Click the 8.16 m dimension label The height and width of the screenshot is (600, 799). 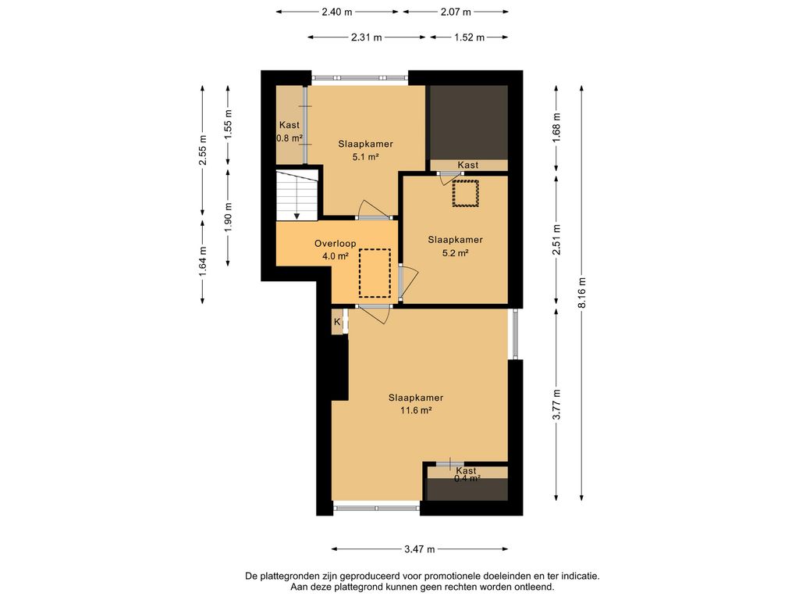click(x=582, y=292)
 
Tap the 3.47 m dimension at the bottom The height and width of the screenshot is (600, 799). click(x=419, y=549)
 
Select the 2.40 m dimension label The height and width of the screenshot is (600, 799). click(x=337, y=12)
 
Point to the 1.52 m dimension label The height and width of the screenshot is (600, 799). click(x=469, y=37)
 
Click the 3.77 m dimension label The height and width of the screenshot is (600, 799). click(x=557, y=405)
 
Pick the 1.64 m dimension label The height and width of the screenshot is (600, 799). click(x=203, y=262)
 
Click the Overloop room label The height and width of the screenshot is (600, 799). click(x=335, y=244)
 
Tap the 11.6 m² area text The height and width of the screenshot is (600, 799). click(x=416, y=409)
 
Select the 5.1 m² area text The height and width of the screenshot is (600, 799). click(x=365, y=156)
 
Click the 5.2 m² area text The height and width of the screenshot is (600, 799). click(x=455, y=252)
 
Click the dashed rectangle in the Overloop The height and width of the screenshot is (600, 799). click(x=375, y=273)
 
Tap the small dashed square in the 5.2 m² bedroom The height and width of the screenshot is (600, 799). click(x=466, y=194)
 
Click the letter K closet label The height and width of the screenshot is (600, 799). click(x=337, y=322)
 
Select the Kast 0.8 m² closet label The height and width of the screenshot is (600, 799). click(x=289, y=131)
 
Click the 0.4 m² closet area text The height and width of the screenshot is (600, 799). click(x=467, y=479)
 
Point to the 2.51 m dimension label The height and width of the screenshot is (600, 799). click(x=557, y=239)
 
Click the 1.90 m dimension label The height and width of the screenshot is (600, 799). click(x=229, y=218)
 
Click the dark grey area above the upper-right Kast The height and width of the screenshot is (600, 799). click(x=469, y=123)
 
